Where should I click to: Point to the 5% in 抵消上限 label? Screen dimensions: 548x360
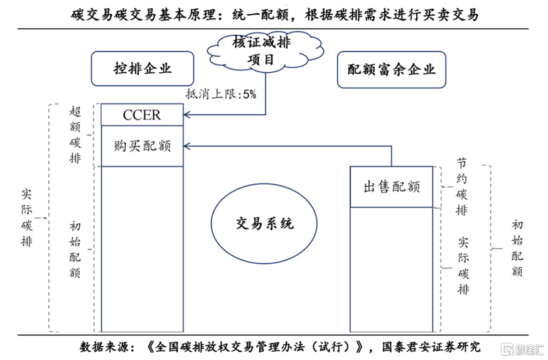(250, 94)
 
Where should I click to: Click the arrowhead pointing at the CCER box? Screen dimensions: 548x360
(187, 114)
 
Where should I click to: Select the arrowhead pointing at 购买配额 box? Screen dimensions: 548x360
(187, 146)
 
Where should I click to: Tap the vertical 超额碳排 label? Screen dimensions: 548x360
(75, 134)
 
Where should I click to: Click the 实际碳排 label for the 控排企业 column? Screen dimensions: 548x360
(26, 217)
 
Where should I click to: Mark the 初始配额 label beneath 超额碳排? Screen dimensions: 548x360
(75, 249)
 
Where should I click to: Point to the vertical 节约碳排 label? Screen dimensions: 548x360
(461, 187)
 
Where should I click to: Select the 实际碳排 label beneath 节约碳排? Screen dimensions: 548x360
(463, 266)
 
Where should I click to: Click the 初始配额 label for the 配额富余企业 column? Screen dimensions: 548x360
(517, 248)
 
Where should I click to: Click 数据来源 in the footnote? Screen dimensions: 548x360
(104, 347)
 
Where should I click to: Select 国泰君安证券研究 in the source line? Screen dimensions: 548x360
(431, 347)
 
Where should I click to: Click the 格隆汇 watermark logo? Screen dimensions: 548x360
(522, 349)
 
